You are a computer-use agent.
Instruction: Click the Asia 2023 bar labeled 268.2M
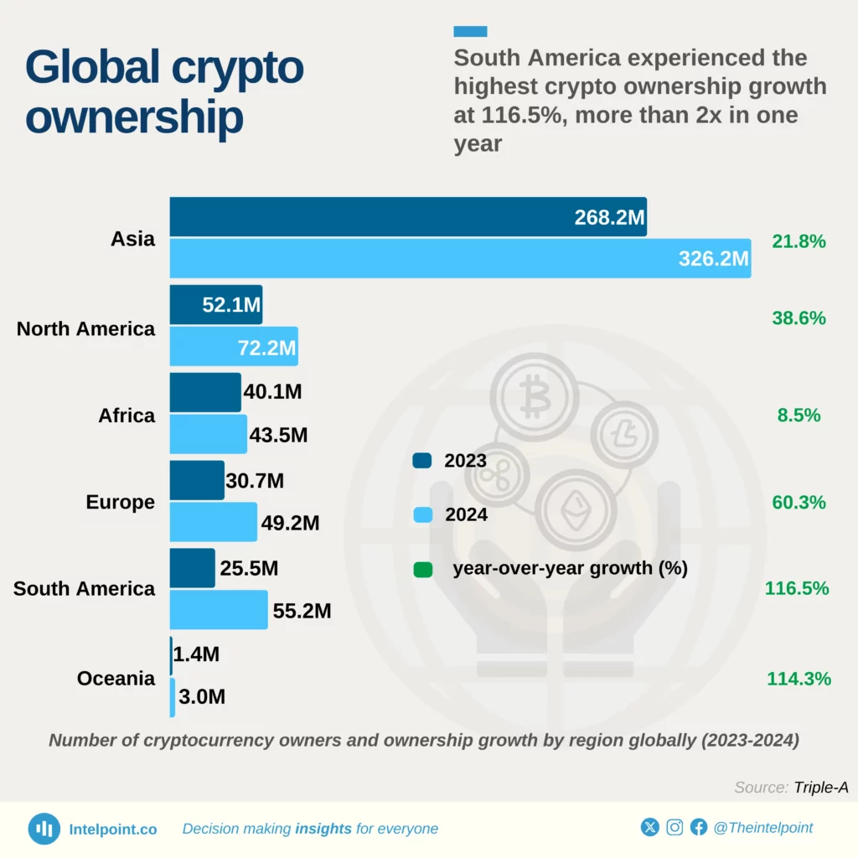[408, 217]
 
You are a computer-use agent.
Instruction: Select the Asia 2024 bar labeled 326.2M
[460, 258]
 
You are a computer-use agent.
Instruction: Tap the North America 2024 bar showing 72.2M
[234, 347]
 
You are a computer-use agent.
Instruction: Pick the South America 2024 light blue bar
[219, 610]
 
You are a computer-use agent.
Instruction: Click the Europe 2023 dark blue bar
[197, 480]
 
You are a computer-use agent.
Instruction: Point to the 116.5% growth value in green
[797, 588]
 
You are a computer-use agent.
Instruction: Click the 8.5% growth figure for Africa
[799, 415]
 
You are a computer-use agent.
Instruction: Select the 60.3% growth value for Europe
[799, 502]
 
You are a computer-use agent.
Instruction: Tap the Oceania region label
[116, 678]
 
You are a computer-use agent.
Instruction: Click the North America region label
[85, 328]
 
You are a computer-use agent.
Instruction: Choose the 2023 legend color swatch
[422, 460]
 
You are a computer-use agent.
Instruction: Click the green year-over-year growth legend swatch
[422, 570]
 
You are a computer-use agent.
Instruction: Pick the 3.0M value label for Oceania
[202, 697]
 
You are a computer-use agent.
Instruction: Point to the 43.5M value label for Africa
[279, 436]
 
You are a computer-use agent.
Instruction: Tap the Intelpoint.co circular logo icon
[44, 829]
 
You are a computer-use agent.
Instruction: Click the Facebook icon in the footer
[699, 828]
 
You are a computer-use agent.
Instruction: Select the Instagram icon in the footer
[675, 828]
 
